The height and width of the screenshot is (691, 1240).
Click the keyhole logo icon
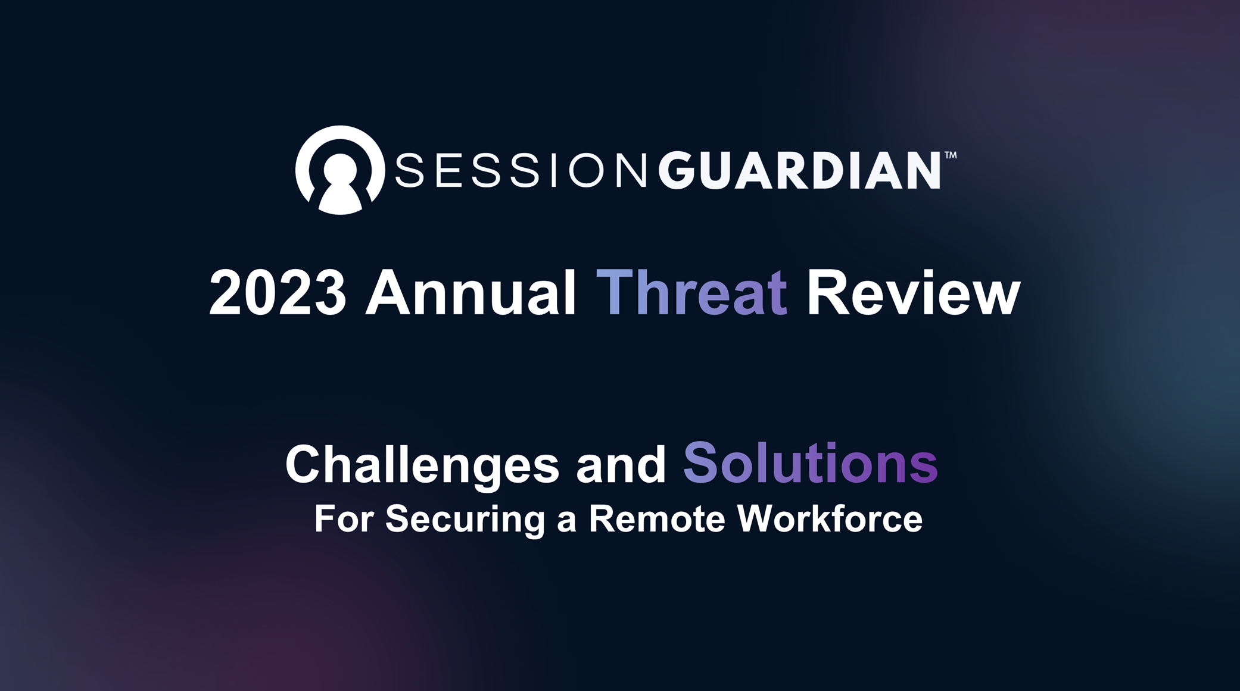[340, 170]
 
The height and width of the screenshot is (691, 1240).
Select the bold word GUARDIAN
[799, 170]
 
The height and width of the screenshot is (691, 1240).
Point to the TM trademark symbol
[951, 155]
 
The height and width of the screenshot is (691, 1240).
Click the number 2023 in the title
[278, 293]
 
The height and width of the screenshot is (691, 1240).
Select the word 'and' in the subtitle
[621, 464]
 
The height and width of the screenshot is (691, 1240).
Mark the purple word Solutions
[811, 463]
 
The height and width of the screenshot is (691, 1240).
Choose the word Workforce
[830, 518]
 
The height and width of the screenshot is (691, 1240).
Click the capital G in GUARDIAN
[677, 170]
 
